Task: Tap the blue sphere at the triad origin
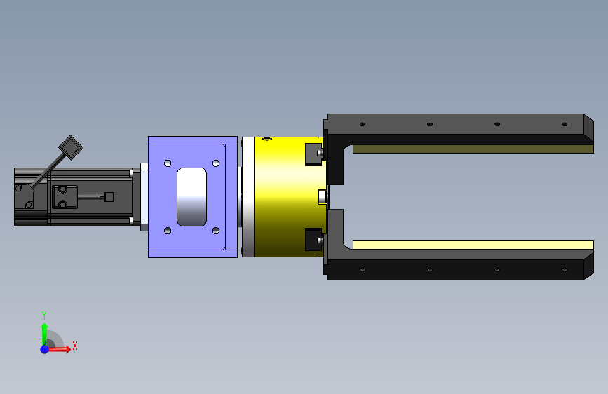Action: [45, 349]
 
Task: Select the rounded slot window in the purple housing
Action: [191, 196]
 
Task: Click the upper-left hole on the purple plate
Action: [168, 163]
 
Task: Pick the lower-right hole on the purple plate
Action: [216, 231]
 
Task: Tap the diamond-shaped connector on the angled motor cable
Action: [71, 147]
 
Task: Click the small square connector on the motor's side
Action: [109, 197]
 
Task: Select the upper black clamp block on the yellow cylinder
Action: [313, 154]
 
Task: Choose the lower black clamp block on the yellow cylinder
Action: [313, 239]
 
